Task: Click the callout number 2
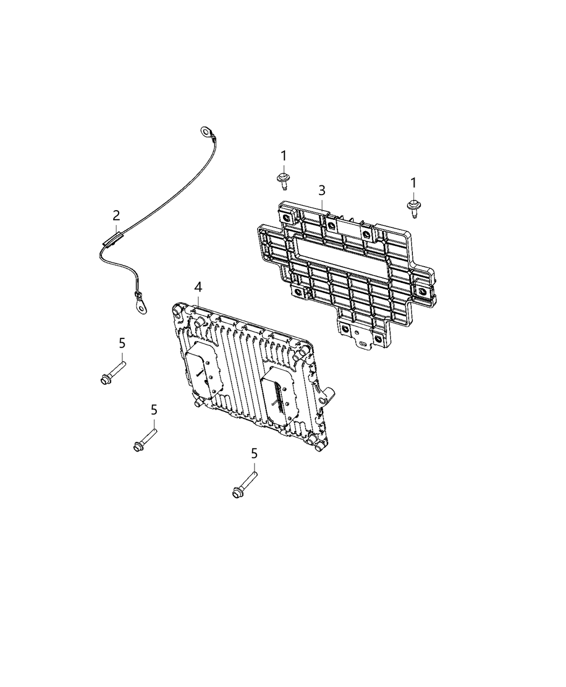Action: [x=116, y=216]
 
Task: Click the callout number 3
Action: [x=322, y=190]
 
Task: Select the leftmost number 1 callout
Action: [x=284, y=156]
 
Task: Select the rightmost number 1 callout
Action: [x=413, y=183]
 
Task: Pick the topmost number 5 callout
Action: [x=122, y=343]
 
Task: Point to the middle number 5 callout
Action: [x=154, y=410]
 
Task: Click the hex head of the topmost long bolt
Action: [x=106, y=380]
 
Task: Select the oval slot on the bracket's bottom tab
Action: [x=363, y=344]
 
